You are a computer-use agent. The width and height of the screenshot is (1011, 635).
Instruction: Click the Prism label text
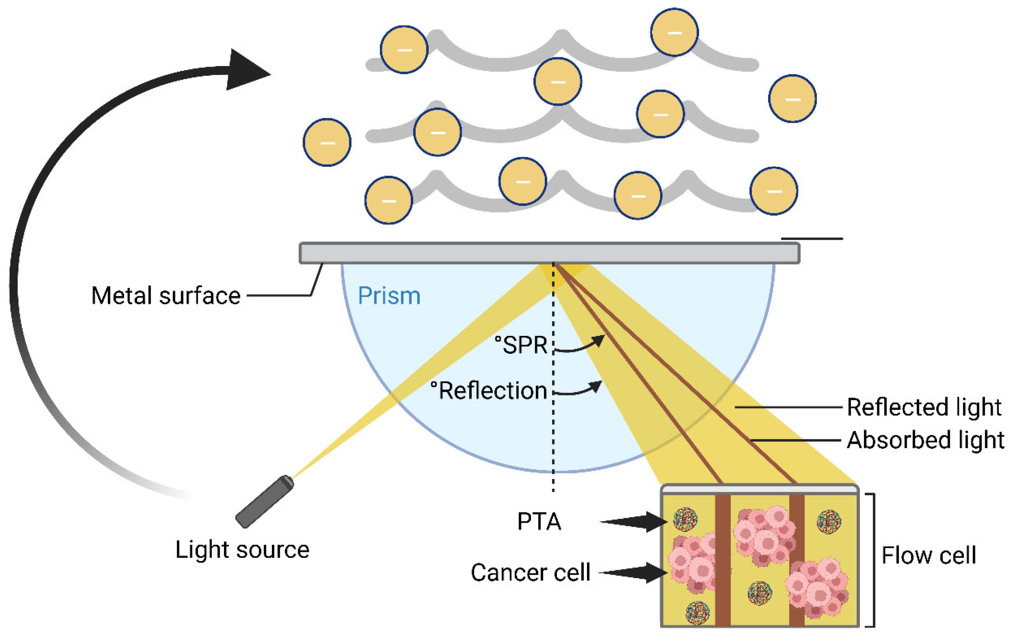tap(389, 296)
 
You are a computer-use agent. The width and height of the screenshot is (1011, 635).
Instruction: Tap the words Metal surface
tap(166, 296)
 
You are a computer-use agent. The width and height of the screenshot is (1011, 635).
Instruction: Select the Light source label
tap(242, 550)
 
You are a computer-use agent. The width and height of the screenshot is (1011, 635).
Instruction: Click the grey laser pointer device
tap(265, 501)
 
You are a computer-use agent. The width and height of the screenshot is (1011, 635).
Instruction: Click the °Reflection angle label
tap(489, 391)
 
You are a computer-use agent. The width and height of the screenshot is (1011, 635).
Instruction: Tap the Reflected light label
tap(924, 407)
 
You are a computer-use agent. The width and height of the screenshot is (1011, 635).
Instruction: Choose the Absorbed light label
tap(925, 440)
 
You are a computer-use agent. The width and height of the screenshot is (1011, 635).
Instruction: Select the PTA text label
tap(539, 522)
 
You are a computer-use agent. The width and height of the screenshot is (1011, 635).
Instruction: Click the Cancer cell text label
tap(530, 573)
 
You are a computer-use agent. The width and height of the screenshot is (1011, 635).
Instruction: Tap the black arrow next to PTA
tap(636, 522)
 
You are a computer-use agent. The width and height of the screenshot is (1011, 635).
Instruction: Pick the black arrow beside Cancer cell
tap(635, 573)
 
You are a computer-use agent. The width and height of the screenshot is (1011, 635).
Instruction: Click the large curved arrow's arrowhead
tap(246, 70)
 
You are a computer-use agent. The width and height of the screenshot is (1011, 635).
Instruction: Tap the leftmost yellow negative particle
tap(327, 143)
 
